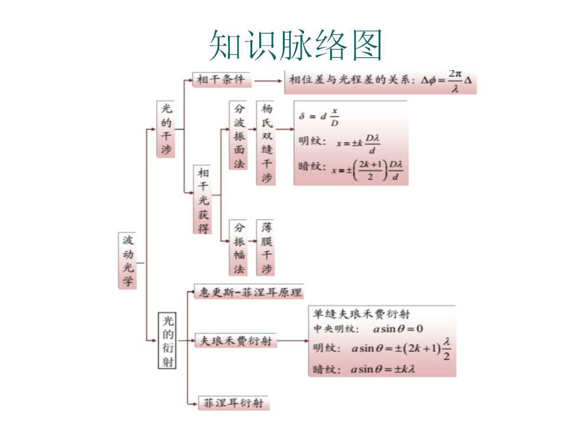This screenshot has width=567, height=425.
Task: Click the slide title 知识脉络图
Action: pyautogui.click(x=296, y=44)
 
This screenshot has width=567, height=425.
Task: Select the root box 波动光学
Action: pyautogui.click(x=128, y=260)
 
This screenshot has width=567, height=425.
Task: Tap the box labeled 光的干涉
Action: pyautogui.click(x=167, y=129)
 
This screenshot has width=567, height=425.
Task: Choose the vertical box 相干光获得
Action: pyautogui.click(x=203, y=200)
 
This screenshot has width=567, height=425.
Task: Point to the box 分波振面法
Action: pyautogui.click(x=239, y=136)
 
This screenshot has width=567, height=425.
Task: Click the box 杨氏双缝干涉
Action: pyautogui.click(x=266, y=143)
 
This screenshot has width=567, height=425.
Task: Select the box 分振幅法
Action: pyautogui.click(x=239, y=247)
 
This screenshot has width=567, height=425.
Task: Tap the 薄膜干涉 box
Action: pyautogui.click(x=266, y=247)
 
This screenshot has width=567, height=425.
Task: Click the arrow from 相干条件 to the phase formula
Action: pyautogui.click(x=269, y=81)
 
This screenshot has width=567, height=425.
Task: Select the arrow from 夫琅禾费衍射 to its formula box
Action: pyautogui.click(x=293, y=341)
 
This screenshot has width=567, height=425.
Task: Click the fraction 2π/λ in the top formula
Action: pyautogui.click(x=454, y=81)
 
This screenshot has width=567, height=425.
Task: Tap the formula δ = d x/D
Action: pyautogui.click(x=320, y=117)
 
